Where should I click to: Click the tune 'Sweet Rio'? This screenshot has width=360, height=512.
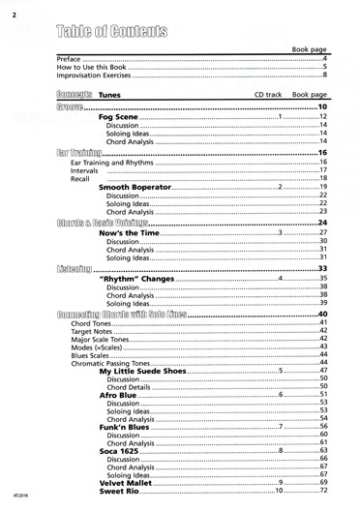(x=121, y=492)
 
